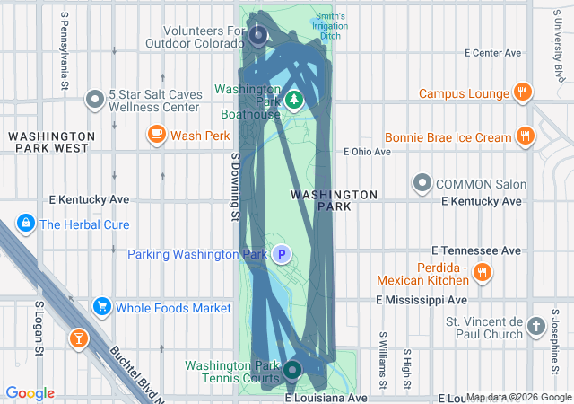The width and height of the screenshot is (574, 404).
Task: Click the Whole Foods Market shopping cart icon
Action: [100, 307]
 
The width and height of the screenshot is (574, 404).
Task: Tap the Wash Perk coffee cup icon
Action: [156, 136]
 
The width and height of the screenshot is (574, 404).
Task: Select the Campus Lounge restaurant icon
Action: [522, 92]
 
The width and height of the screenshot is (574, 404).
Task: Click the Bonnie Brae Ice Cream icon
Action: [526, 137]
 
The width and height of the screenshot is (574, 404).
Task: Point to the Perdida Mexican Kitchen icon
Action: [483, 272]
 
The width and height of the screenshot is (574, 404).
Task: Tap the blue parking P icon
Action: [282, 255]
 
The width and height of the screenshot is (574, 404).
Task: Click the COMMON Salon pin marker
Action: [422, 184]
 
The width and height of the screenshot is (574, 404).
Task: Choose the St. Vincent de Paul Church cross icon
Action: [536, 325]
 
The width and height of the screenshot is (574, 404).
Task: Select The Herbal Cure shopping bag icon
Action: [25, 224]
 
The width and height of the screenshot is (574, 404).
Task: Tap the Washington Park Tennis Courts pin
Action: [292, 369]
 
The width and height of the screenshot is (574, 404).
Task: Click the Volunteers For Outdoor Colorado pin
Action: [258, 36]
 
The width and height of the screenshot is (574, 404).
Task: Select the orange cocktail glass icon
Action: [79, 338]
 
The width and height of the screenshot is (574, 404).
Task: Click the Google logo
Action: [30, 393]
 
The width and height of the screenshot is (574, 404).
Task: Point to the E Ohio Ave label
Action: [368, 152]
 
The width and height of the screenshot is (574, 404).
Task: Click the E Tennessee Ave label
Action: [476, 250]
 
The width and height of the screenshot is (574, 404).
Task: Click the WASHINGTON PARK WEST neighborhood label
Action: [48, 141]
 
